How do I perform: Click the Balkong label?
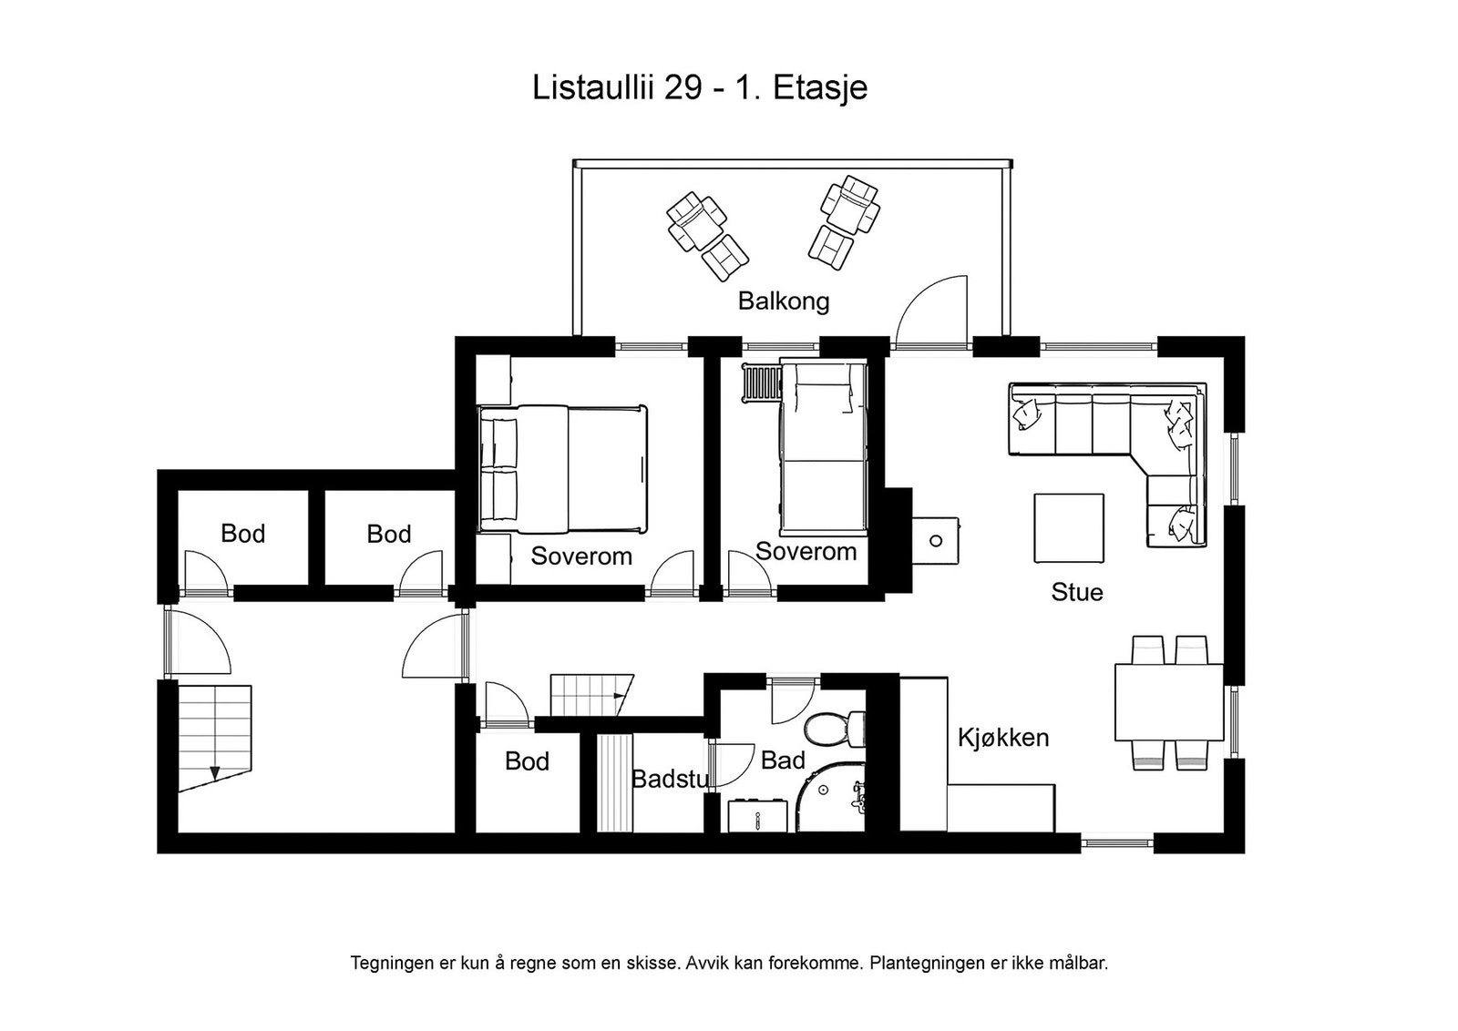[x=783, y=301]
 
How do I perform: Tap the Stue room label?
[x=1076, y=592]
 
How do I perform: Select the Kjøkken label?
[x=1002, y=737]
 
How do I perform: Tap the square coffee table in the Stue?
[x=1068, y=528]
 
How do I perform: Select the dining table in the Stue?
[x=1168, y=702]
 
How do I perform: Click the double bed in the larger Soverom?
[x=563, y=469]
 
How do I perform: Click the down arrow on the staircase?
[x=215, y=773]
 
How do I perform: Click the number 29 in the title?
[x=682, y=88]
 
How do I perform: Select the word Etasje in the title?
[x=820, y=88]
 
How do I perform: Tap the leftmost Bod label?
[x=242, y=534]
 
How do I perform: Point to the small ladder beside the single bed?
[x=761, y=382]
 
